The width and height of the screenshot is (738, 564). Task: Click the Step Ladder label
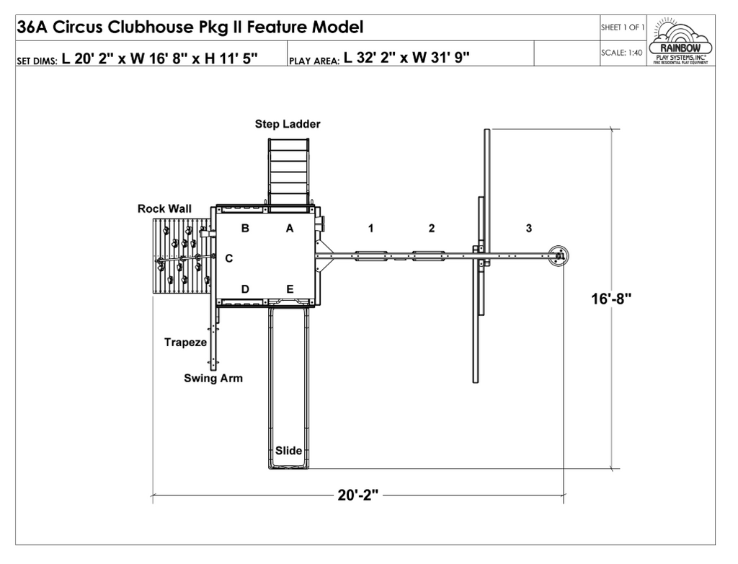click(x=288, y=124)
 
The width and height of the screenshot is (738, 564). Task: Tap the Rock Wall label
click(x=164, y=209)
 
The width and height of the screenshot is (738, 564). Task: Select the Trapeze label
click(x=185, y=343)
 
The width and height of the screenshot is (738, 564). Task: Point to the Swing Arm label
click(x=213, y=378)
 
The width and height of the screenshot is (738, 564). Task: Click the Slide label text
click(x=288, y=451)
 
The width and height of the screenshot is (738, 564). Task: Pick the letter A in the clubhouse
click(x=290, y=229)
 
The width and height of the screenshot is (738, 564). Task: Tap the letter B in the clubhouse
click(x=245, y=229)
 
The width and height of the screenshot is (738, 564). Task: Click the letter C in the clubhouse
click(x=228, y=258)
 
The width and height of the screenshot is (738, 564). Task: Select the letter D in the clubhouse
click(x=245, y=289)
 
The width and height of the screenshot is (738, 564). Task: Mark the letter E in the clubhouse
click(x=290, y=289)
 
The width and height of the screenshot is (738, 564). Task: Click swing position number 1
click(x=370, y=229)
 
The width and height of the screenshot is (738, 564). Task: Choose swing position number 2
click(x=431, y=229)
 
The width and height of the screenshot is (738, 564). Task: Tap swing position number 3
click(x=529, y=229)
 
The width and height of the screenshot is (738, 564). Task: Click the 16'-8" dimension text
click(x=611, y=299)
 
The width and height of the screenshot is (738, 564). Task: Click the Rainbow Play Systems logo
click(x=680, y=42)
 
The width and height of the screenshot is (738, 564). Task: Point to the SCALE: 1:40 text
click(x=621, y=53)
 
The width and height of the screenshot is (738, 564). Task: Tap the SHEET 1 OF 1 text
click(x=622, y=28)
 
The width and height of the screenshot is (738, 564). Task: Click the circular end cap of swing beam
click(x=559, y=255)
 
